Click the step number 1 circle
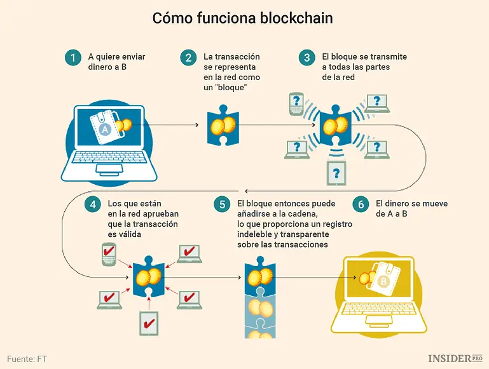[73, 58]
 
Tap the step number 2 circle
[188, 58]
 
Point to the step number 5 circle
[221, 205]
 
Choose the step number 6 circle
[361, 205]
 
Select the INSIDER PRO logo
[455, 358]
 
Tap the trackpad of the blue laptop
[110, 170]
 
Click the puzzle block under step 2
[223, 126]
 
